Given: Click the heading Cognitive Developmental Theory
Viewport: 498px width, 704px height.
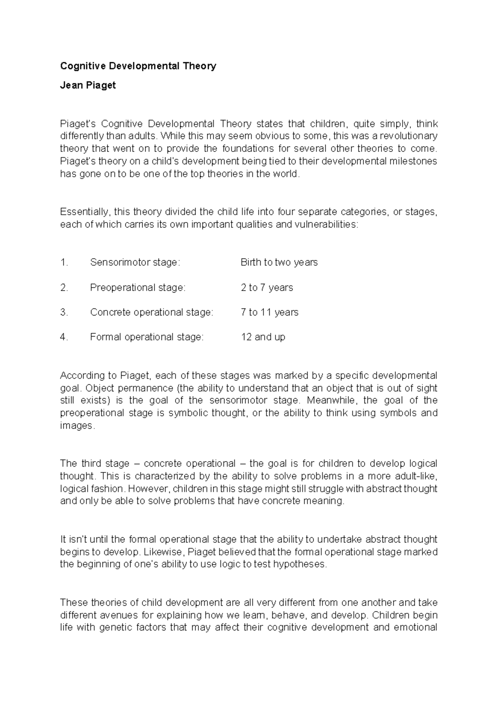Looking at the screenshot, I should click(138, 66).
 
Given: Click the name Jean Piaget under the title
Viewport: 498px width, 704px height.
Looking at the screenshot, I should click(88, 86).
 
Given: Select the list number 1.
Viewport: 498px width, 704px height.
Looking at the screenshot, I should click(63, 262).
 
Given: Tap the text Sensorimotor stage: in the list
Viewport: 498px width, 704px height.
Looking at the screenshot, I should click(135, 262).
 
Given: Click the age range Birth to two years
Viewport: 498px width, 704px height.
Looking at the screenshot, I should click(279, 262).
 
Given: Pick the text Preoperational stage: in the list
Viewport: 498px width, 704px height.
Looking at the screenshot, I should click(138, 288).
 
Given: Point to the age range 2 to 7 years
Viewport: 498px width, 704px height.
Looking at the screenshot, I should click(266, 288).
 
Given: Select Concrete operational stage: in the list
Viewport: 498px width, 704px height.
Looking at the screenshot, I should click(151, 312).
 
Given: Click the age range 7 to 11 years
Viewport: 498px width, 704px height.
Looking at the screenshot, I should click(269, 312).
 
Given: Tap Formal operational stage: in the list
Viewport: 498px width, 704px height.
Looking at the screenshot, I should click(147, 337).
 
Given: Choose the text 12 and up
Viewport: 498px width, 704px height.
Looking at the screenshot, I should click(263, 337).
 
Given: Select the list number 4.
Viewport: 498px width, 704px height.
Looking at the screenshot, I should click(63, 337).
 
